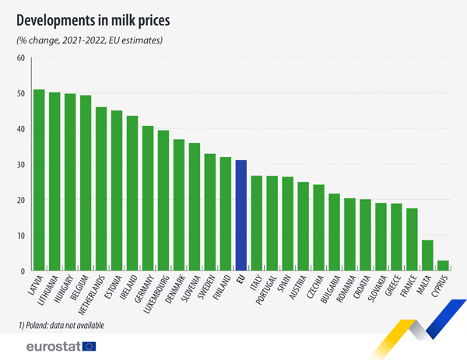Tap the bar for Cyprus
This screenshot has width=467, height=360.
coord(443,266)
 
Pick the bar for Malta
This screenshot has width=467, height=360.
coord(427,256)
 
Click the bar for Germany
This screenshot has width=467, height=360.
coord(148,198)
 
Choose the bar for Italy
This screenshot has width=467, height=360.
coord(257,223)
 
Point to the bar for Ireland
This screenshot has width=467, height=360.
coord(132,194)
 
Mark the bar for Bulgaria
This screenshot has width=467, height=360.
coord(334,232)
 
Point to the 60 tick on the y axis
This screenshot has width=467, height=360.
coord(20,58)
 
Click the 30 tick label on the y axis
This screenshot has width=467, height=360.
coord(20,165)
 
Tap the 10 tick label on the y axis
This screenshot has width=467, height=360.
coord(20,236)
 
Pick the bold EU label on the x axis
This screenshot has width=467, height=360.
coord(241,278)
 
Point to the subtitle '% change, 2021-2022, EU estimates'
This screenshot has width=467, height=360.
coord(90,40)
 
